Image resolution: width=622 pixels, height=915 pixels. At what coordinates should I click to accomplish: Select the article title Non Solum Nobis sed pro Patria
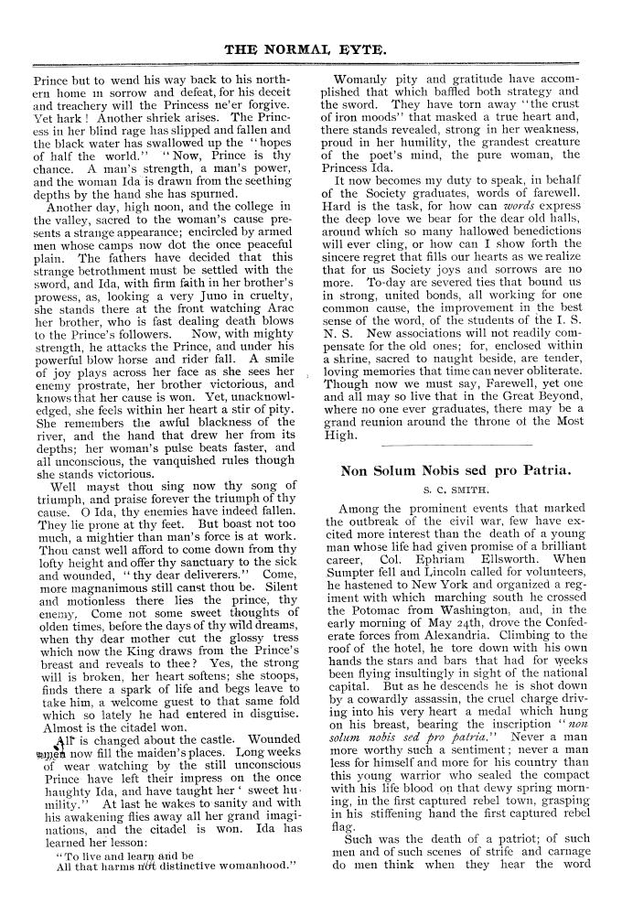pos(455,471)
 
